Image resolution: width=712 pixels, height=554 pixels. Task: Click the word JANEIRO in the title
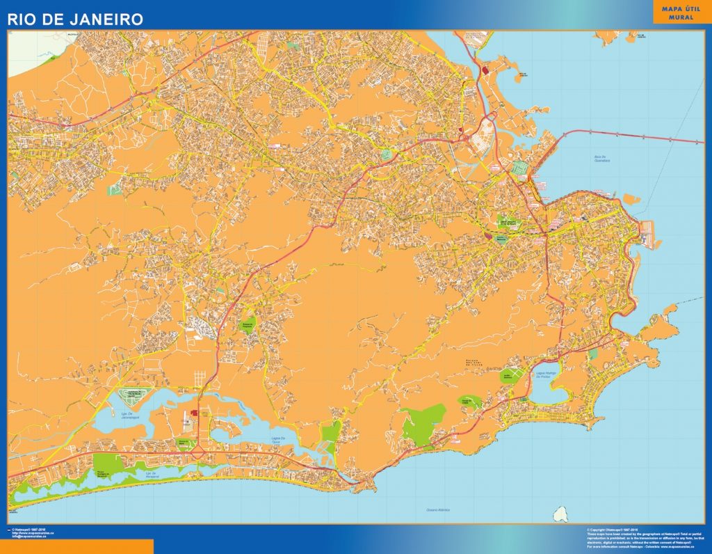pyautogui.click(x=106, y=18)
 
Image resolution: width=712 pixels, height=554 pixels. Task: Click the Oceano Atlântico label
pyautogui.click(x=438, y=510)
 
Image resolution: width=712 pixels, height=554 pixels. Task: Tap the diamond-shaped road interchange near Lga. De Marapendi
pyautogui.click(x=199, y=453)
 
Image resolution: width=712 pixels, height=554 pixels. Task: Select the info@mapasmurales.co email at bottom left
pyautogui.click(x=31, y=537)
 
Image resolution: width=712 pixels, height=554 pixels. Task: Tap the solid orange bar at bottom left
pyautogui.click(x=76, y=546)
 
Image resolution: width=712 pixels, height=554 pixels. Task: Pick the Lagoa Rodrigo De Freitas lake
pyautogui.click(x=542, y=390)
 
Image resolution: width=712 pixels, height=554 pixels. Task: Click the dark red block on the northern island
pyautogui.click(x=485, y=70)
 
